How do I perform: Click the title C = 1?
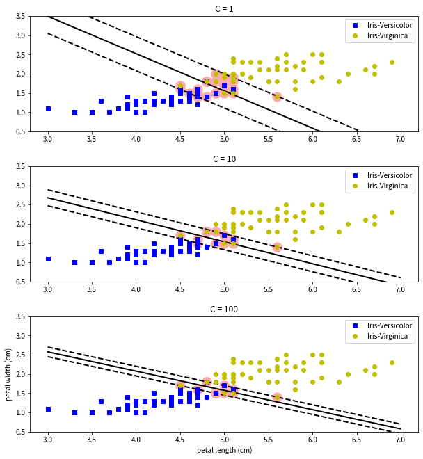click(224, 9)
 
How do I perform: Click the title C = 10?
click(224, 159)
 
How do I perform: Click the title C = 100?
click(224, 309)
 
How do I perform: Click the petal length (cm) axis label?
click(224, 450)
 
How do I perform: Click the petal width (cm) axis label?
click(9, 374)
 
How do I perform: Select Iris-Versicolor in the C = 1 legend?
click(390, 26)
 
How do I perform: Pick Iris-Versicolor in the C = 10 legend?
click(390, 176)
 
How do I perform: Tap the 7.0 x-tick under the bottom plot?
click(400, 440)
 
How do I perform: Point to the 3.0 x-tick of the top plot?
click(48, 139)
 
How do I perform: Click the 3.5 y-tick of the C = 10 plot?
click(21, 166)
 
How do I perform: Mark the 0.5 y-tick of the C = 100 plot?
click(21, 432)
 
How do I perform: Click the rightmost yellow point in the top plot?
click(392, 62)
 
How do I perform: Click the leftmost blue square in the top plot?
click(48, 108)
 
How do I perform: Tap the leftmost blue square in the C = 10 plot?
click(48, 259)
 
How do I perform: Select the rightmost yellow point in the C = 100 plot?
click(392, 362)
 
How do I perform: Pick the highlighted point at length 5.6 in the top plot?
click(277, 97)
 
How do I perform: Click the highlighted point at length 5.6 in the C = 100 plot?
click(277, 397)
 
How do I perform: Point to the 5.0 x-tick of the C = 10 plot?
click(224, 289)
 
